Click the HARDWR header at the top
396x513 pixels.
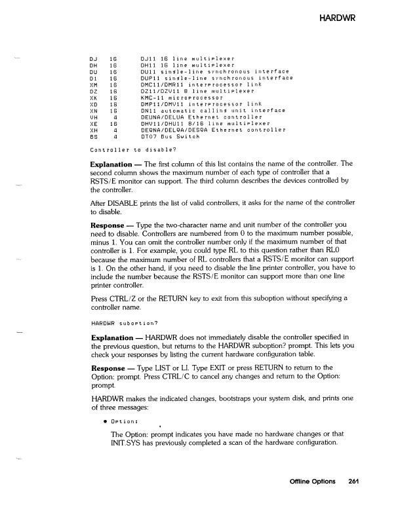point(337,15)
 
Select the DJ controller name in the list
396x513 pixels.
point(92,60)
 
